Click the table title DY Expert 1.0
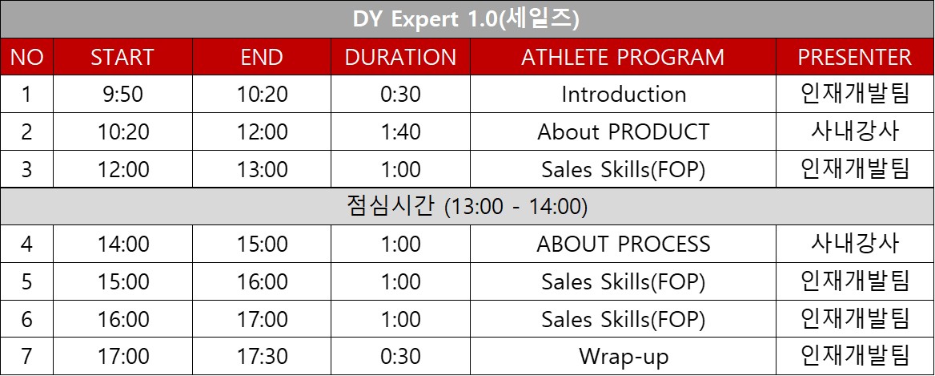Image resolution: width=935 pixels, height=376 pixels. click(x=467, y=20)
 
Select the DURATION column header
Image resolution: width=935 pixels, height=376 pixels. click(x=400, y=57)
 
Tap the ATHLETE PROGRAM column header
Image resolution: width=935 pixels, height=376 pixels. click(x=623, y=57)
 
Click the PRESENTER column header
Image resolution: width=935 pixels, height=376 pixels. click(x=854, y=57)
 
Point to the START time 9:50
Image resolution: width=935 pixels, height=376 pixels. click(x=122, y=95)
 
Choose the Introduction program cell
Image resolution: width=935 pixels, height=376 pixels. click(x=623, y=95)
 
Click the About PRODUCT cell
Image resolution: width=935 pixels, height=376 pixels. click(x=623, y=132)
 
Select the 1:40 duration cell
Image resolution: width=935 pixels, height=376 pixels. click(x=401, y=132)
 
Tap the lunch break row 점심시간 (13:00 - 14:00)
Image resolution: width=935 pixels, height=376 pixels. click(x=467, y=207)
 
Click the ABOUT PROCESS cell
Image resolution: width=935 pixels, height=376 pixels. click(x=623, y=244)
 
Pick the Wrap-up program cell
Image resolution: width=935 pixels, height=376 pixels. click(x=623, y=357)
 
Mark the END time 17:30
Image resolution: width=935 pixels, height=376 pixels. click(x=262, y=356)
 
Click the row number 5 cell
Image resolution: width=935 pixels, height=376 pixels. click(x=27, y=281)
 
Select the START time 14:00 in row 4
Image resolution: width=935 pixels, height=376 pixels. click(x=122, y=244)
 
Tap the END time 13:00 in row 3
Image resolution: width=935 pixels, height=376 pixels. click(x=262, y=169)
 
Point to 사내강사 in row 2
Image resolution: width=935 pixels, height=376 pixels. click(x=854, y=132)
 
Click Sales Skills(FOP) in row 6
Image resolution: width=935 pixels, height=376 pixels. click(x=623, y=320)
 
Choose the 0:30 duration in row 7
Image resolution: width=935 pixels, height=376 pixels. click(x=401, y=356)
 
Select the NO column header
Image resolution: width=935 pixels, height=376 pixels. click(x=27, y=57)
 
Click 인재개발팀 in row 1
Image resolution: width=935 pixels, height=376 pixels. click(x=854, y=95)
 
